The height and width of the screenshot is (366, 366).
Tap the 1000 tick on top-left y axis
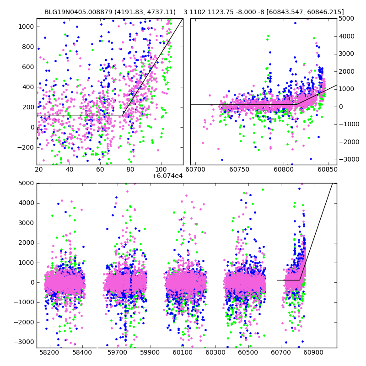pyautogui.click(x=27, y=27)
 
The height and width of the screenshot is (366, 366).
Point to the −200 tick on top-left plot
pyautogui.click(x=26, y=147)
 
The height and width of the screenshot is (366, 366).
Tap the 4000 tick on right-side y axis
pyautogui.click(x=346, y=36)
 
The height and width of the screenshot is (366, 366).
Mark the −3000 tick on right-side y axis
pyautogui.click(x=347, y=159)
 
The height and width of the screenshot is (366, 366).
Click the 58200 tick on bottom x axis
pyautogui.click(x=49, y=353)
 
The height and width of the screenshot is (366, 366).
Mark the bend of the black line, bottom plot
pyautogui.click(x=300, y=280)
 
